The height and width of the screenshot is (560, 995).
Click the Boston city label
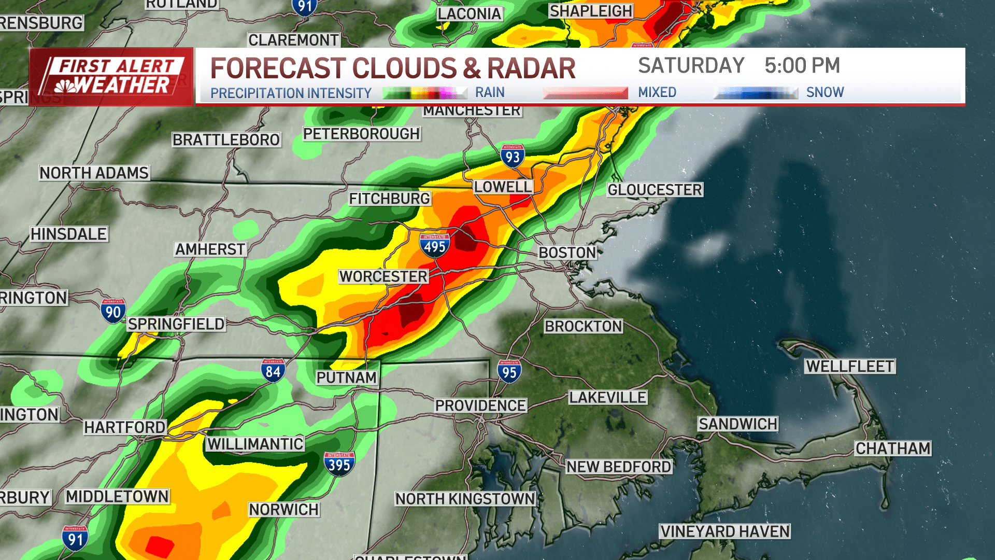(x=567, y=253)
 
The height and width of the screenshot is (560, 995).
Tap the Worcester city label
(x=383, y=276)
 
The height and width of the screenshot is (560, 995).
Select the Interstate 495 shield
(x=434, y=245)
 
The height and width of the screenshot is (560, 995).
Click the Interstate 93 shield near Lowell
(x=513, y=156)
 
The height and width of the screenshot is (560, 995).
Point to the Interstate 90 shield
(x=113, y=311)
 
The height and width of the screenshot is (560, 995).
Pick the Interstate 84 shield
(x=273, y=371)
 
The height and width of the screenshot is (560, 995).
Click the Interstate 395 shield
(x=339, y=464)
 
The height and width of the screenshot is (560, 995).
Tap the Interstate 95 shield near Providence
(x=509, y=371)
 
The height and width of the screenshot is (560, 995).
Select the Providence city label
(x=480, y=405)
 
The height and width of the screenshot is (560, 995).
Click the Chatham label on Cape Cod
(x=893, y=448)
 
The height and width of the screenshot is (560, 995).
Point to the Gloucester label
(x=655, y=190)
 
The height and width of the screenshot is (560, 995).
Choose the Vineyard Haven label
(x=725, y=531)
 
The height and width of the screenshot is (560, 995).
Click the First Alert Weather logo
(x=111, y=77)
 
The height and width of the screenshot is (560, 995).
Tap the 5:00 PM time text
(x=802, y=66)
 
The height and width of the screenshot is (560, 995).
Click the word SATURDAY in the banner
(x=691, y=66)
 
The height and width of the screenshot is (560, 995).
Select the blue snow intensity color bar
(x=756, y=93)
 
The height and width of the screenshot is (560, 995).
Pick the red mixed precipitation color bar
(x=585, y=93)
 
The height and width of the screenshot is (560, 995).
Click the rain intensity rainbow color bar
(x=424, y=93)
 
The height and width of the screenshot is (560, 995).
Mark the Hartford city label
(x=125, y=427)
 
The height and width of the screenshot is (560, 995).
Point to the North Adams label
(x=94, y=173)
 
